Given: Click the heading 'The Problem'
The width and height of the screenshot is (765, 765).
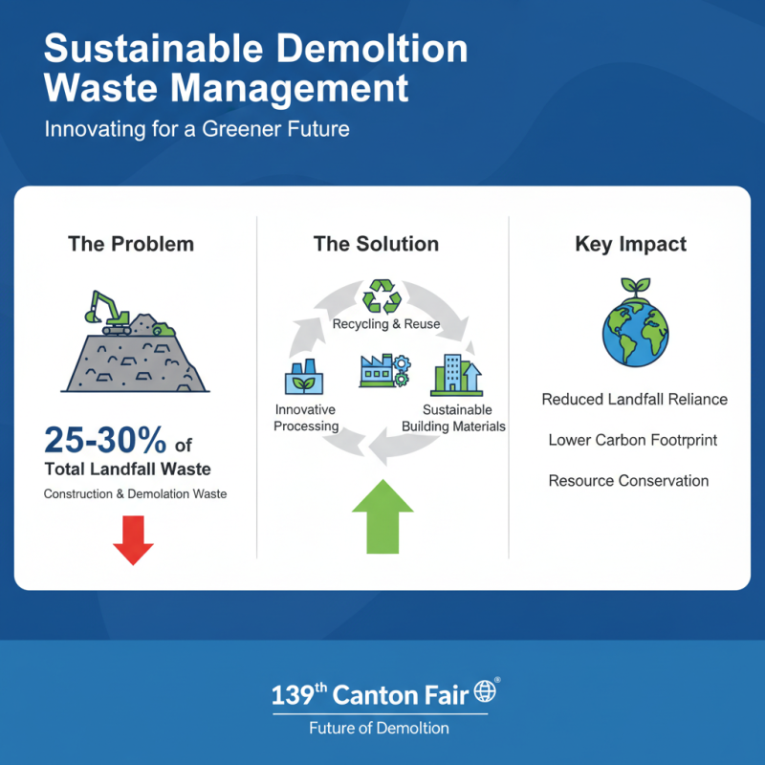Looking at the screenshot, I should coord(131,244).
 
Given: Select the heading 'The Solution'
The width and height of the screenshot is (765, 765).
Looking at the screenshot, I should coord(376,244).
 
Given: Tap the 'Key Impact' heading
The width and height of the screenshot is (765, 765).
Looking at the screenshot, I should coord(630,244).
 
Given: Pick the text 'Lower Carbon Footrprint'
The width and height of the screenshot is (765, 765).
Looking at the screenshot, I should coord(632,440).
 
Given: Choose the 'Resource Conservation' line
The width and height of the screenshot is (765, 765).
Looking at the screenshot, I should coord(628,480).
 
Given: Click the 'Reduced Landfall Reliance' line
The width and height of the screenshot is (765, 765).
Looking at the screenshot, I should coord(634,399).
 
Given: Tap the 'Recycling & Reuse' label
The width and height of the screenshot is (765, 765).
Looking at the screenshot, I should coord(385,324).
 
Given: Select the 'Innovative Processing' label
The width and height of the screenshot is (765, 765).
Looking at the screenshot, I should coord(306,418).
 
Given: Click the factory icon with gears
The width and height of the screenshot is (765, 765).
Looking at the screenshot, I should coord(382,370).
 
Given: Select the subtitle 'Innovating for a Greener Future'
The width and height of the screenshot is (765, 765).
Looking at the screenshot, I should coord(197,128).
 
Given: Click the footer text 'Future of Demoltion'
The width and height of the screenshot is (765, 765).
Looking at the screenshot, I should coord(379,728).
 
